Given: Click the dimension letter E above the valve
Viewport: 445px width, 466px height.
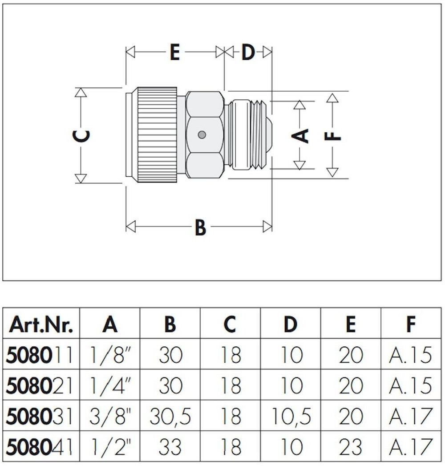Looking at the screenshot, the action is click(x=175, y=53).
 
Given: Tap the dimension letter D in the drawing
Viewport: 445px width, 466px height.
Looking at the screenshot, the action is click(x=248, y=53).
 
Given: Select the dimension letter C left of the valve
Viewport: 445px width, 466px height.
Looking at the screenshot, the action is click(x=81, y=136).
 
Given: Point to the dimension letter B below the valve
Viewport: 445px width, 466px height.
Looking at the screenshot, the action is click(x=200, y=227).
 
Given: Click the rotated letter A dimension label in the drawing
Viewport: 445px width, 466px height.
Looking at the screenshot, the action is click(x=300, y=136).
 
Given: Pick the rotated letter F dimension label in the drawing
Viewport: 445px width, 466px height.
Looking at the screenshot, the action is click(x=332, y=136).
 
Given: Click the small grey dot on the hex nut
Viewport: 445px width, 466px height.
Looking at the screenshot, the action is click(x=202, y=135).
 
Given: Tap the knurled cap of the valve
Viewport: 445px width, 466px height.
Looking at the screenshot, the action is click(x=157, y=134).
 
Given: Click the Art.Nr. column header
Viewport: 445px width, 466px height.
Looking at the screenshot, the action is click(x=41, y=324).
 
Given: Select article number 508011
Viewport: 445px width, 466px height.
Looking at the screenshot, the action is click(x=39, y=355).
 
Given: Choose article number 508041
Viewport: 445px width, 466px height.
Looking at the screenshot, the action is click(x=39, y=447).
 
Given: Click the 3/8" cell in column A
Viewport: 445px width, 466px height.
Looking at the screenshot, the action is click(x=110, y=416).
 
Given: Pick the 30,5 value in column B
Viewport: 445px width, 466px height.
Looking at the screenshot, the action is click(x=170, y=417).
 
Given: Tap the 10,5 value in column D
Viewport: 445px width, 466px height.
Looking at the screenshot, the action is click(x=291, y=417).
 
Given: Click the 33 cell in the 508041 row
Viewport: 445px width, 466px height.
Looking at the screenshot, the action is click(x=170, y=447).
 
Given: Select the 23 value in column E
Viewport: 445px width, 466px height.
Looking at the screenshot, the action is click(x=351, y=447).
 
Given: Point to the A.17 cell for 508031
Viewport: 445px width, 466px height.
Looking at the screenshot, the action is click(x=411, y=416).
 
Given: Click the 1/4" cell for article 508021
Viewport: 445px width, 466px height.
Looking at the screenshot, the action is click(x=110, y=385).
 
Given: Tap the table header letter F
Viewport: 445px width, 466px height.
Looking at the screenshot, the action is click(x=411, y=324).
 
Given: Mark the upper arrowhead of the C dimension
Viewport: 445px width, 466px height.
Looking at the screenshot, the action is click(x=81, y=93).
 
